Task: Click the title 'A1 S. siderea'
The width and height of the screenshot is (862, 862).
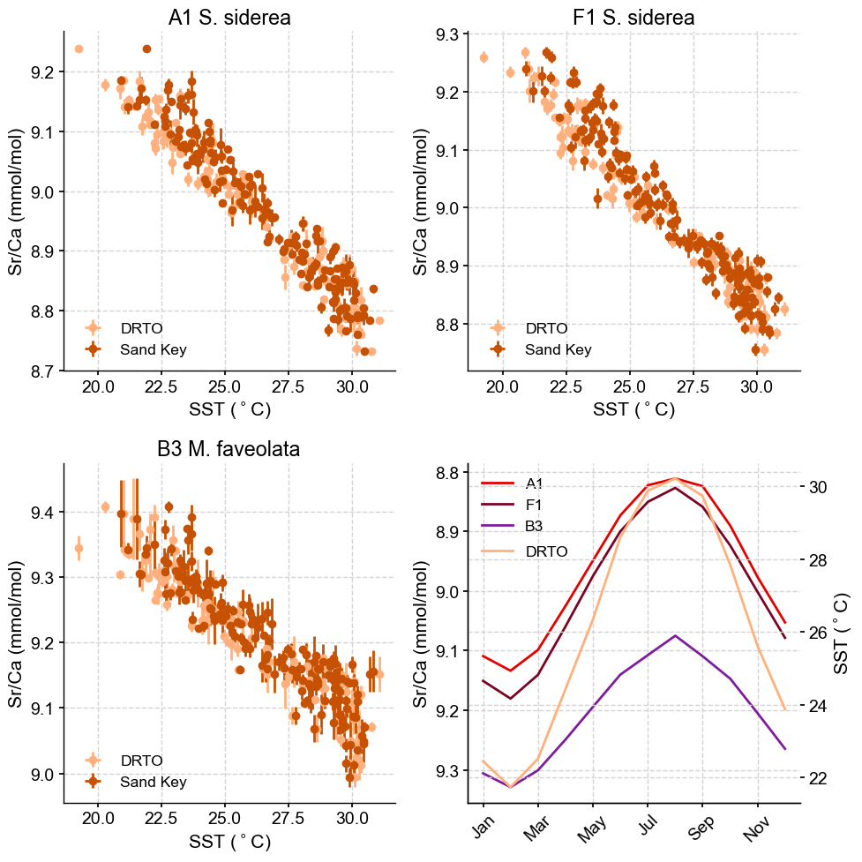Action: [229, 18]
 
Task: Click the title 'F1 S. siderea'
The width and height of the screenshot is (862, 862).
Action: [634, 18]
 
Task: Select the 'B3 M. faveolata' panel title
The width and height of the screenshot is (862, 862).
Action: [229, 449]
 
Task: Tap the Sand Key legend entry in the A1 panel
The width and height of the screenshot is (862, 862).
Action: [153, 349]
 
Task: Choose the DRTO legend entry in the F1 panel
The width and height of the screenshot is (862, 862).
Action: [546, 328]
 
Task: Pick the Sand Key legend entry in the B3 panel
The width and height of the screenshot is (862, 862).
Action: [153, 782]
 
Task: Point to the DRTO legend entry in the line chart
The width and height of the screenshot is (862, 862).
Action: [546, 551]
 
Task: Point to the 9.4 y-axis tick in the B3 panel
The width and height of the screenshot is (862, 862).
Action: [44, 513]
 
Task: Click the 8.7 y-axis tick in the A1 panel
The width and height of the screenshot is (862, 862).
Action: [44, 371]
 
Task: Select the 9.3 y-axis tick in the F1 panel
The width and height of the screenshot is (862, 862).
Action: [449, 34]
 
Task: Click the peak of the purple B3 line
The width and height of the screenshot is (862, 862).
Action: [675, 635]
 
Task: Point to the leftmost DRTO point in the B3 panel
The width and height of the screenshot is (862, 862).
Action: [79, 548]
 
